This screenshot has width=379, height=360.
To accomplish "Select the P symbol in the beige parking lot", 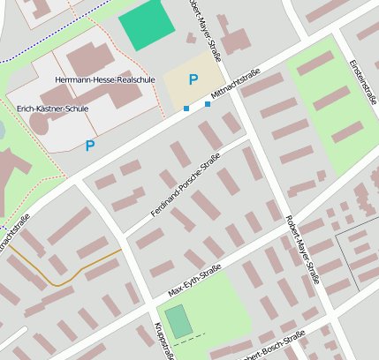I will [x=193, y=79].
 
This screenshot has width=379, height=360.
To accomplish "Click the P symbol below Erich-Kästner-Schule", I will [x=89, y=146].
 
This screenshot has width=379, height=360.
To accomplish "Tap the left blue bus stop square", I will [x=186, y=109].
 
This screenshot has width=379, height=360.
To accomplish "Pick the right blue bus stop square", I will [x=208, y=104].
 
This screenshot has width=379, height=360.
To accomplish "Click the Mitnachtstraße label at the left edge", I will [x=16, y=233].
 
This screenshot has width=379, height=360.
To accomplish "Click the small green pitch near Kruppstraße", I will [x=178, y=321].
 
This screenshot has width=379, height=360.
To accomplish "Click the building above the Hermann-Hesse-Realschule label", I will [x=88, y=58].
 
